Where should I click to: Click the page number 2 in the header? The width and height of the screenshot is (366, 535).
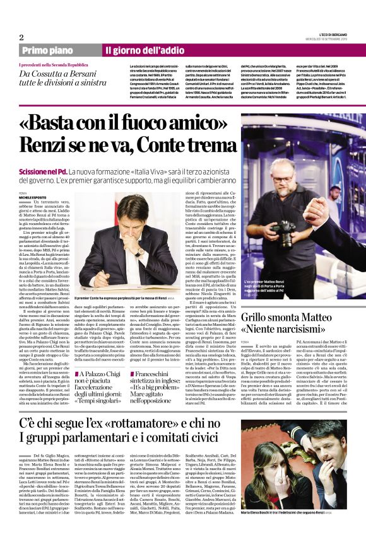pos(21,37)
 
